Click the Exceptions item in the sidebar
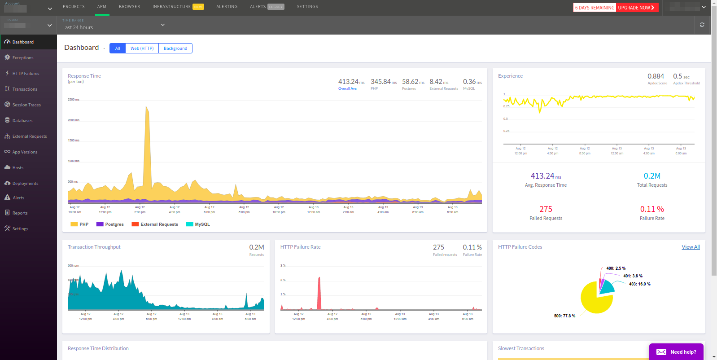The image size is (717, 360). [23, 58]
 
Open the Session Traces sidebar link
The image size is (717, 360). [26, 105]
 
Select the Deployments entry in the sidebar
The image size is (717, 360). [25, 184]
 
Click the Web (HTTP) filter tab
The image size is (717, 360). [142, 48]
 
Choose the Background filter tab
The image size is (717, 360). [175, 48]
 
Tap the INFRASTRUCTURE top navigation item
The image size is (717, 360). [172, 7]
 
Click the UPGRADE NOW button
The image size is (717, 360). [636, 8]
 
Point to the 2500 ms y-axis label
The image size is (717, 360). [74, 100]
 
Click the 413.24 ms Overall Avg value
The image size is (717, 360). [349, 82]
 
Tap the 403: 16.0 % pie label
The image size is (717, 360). [639, 284]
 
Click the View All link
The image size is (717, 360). [691, 247]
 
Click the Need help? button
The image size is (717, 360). [676, 352]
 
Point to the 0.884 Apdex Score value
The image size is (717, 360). [656, 76]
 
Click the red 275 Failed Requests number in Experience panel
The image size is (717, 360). [546, 209]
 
